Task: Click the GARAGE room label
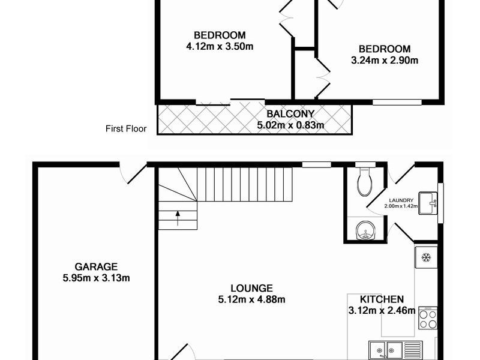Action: pyautogui.click(x=96, y=266)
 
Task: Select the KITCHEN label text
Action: pyautogui.click(x=382, y=299)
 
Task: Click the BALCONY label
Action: pyautogui.click(x=290, y=114)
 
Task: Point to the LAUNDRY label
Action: pyautogui.click(x=401, y=201)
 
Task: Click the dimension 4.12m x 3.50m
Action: pyautogui.click(x=220, y=46)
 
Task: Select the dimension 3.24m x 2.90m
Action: pyautogui.click(x=384, y=60)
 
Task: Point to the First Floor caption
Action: pyautogui.click(x=126, y=128)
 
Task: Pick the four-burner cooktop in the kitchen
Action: pyautogui.click(x=428, y=317)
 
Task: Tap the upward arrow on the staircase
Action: pyautogui.click(x=178, y=217)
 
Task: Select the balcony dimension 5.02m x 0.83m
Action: pyautogui.click(x=290, y=125)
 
